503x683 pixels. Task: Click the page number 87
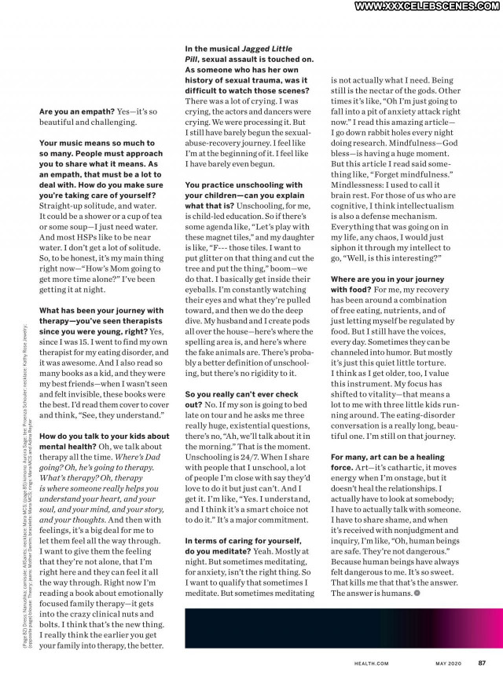[x=481, y=663]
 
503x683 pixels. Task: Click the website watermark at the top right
[x=428, y=6]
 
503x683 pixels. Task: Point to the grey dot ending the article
[x=417, y=593]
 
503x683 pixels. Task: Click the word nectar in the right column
[x=380, y=91]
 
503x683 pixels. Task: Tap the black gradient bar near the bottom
[x=338, y=628]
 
